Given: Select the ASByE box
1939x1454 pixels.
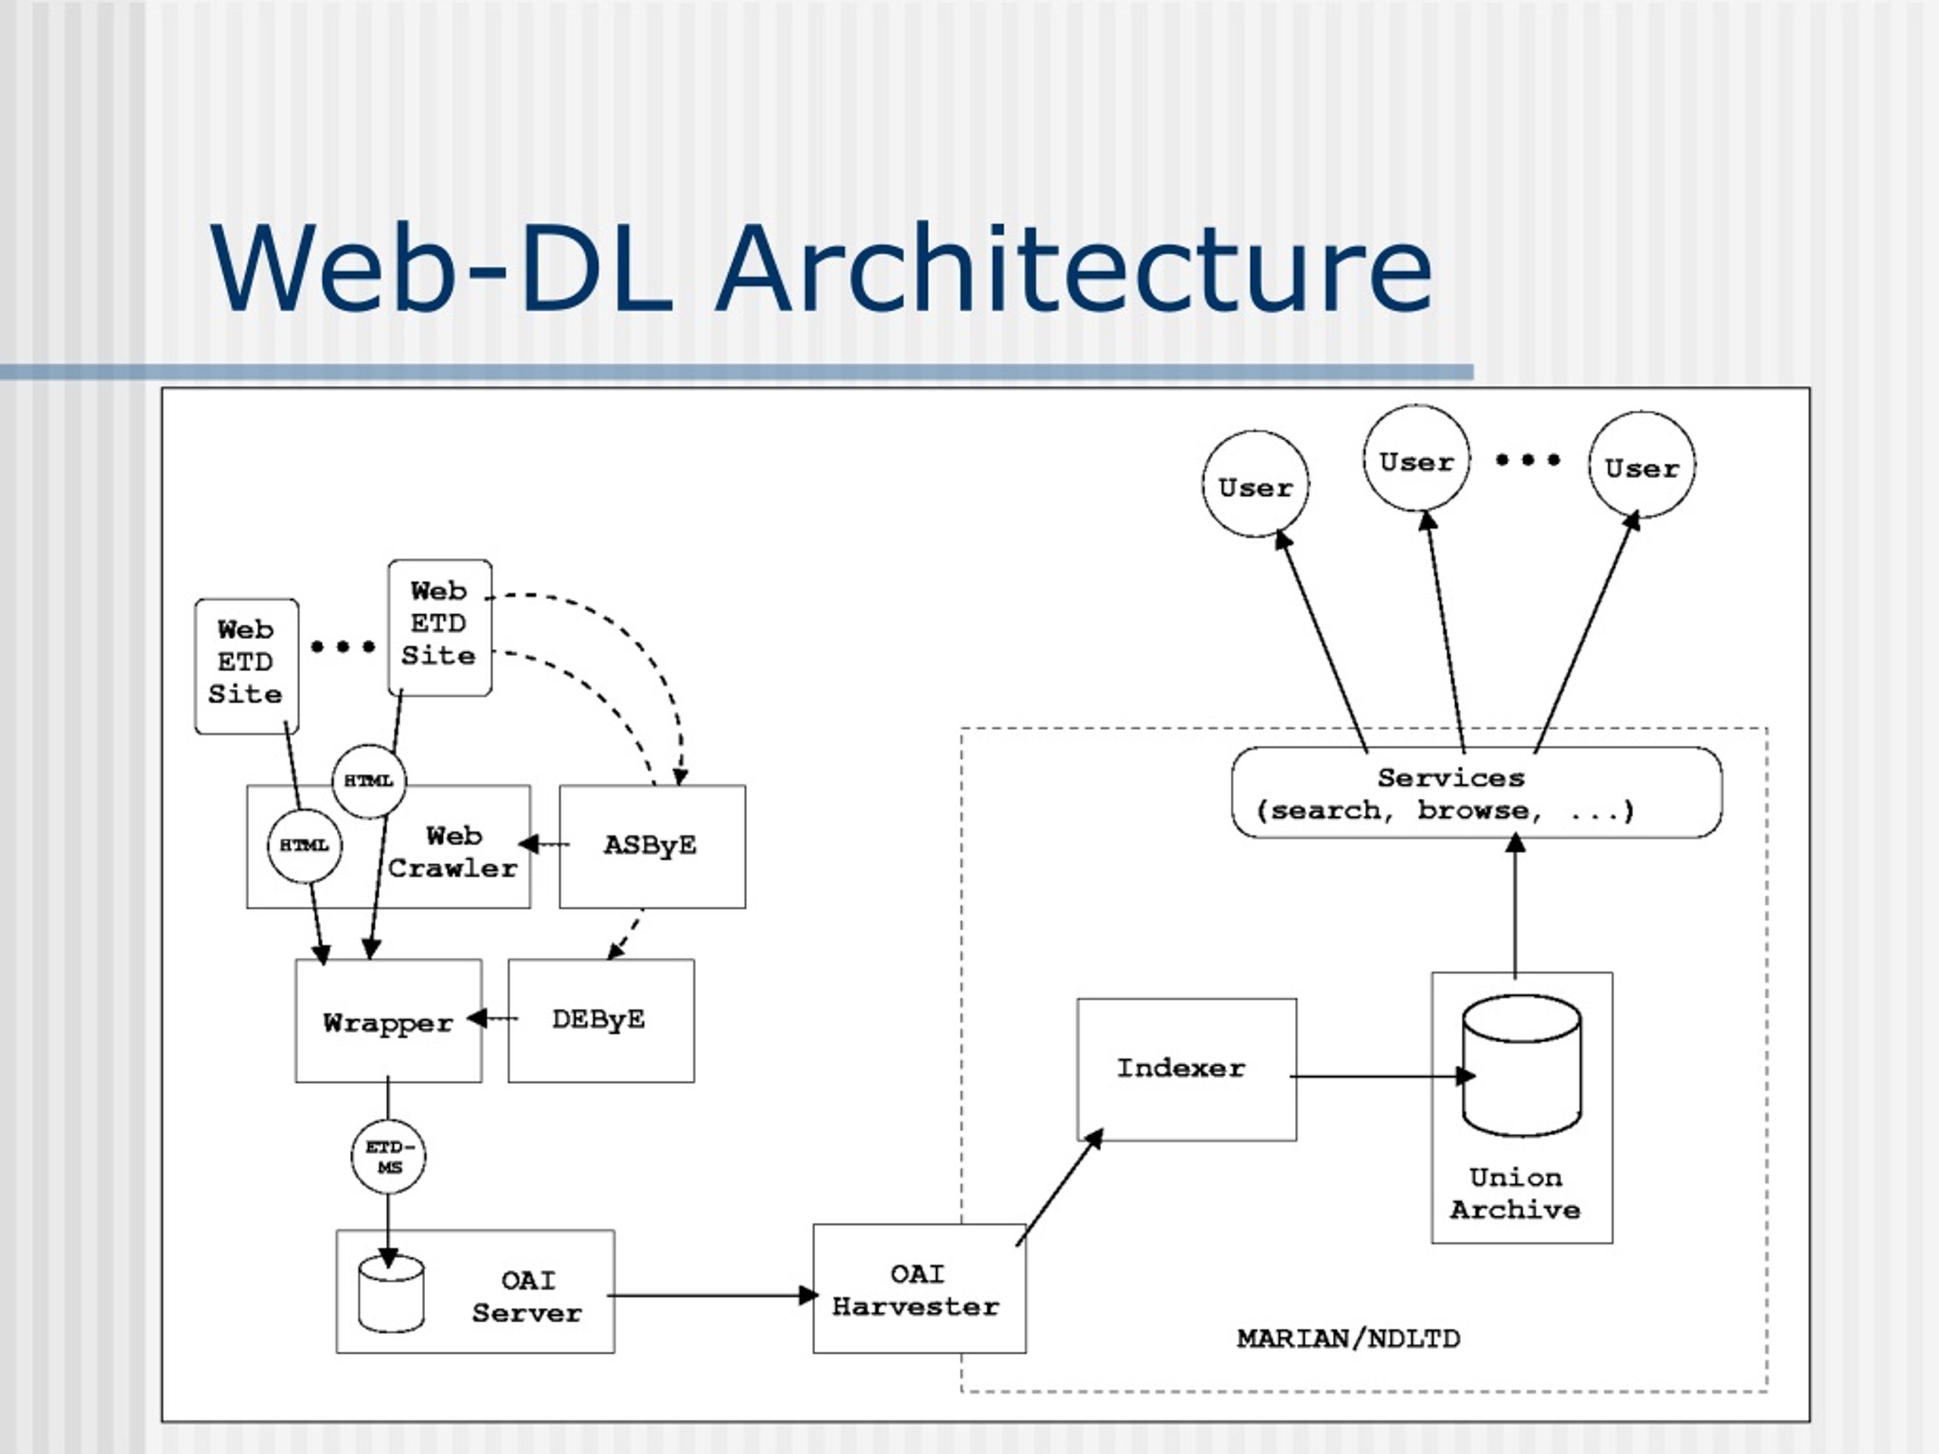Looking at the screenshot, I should pos(651,846).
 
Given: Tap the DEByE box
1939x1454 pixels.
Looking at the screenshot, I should pos(601,1020).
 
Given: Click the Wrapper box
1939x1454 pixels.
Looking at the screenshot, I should pos(388,1022).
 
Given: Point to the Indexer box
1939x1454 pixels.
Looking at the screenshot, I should pos(1185,1069).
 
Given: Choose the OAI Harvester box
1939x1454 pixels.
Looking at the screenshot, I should pos(918,1289).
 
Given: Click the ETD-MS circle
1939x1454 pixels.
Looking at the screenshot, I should pos(389,1156).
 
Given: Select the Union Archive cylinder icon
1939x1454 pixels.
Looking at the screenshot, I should pos(1521,1065).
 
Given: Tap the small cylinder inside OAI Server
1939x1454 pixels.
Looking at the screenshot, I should pos(391,1294).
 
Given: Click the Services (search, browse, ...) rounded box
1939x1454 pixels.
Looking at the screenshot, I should pos(1476,793).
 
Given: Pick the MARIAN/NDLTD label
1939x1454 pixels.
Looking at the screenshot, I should pos(1347,1338).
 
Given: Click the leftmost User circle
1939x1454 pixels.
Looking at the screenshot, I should pos(1255,485).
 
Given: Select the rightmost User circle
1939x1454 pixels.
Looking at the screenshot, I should pos(1641,466).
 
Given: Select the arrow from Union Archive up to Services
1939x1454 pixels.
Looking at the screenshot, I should pos(1516,907).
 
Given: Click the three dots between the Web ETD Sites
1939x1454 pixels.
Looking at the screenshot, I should pos(343,647).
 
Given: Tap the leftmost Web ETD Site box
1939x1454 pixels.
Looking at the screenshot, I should pos(246,666).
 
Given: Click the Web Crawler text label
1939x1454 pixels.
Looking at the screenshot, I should pos(452,852).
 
